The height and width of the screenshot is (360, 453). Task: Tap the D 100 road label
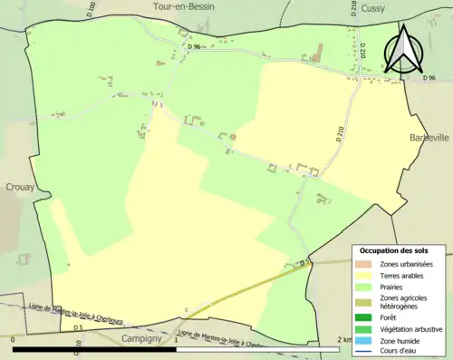pos(92,8)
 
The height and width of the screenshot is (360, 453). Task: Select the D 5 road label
pos(78,327)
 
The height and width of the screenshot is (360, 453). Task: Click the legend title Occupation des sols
pos(394,250)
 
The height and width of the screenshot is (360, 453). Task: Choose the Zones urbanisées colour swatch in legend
pos(365,264)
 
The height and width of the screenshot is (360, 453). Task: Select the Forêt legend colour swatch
pos(365,317)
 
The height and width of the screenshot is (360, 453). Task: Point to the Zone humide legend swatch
pos(365,339)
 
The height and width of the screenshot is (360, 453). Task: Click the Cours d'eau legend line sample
pos(365,350)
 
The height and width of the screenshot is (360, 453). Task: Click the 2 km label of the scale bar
pos(342,339)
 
